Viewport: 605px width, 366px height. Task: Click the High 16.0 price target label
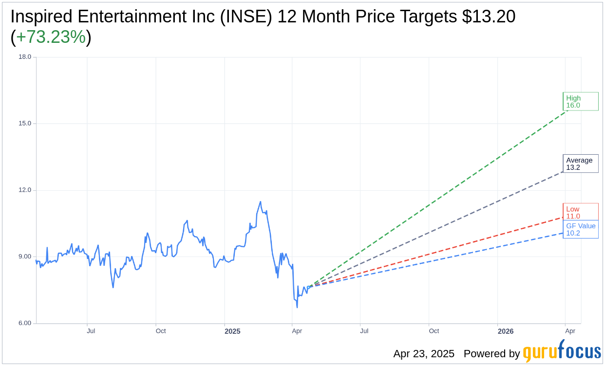tap(580, 101)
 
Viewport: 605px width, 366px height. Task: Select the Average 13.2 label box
tap(580, 164)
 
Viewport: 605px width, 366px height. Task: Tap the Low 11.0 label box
tap(580, 212)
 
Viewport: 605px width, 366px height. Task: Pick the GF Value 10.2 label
tap(581, 229)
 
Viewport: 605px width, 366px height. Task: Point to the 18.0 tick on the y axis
tap(24, 57)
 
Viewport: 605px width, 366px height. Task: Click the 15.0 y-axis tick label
tap(24, 124)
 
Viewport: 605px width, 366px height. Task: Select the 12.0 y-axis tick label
tap(24, 190)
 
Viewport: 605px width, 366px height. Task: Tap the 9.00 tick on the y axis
tap(24, 257)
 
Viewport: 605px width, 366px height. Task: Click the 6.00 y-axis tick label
tap(24, 323)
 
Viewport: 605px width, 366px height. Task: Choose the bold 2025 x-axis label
tap(232, 331)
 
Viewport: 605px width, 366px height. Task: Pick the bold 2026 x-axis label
tap(506, 331)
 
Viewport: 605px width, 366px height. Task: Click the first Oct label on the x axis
tap(161, 331)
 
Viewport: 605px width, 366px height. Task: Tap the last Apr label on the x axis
tap(570, 331)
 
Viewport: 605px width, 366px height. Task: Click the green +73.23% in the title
tap(51, 37)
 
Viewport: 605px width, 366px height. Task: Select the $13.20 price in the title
tap(489, 17)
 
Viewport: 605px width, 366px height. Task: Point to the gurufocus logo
tap(562, 352)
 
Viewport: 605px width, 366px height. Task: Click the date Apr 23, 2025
tap(424, 353)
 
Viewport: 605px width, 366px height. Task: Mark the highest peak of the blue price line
tap(261, 201)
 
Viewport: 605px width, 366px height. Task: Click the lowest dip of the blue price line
tap(297, 308)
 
